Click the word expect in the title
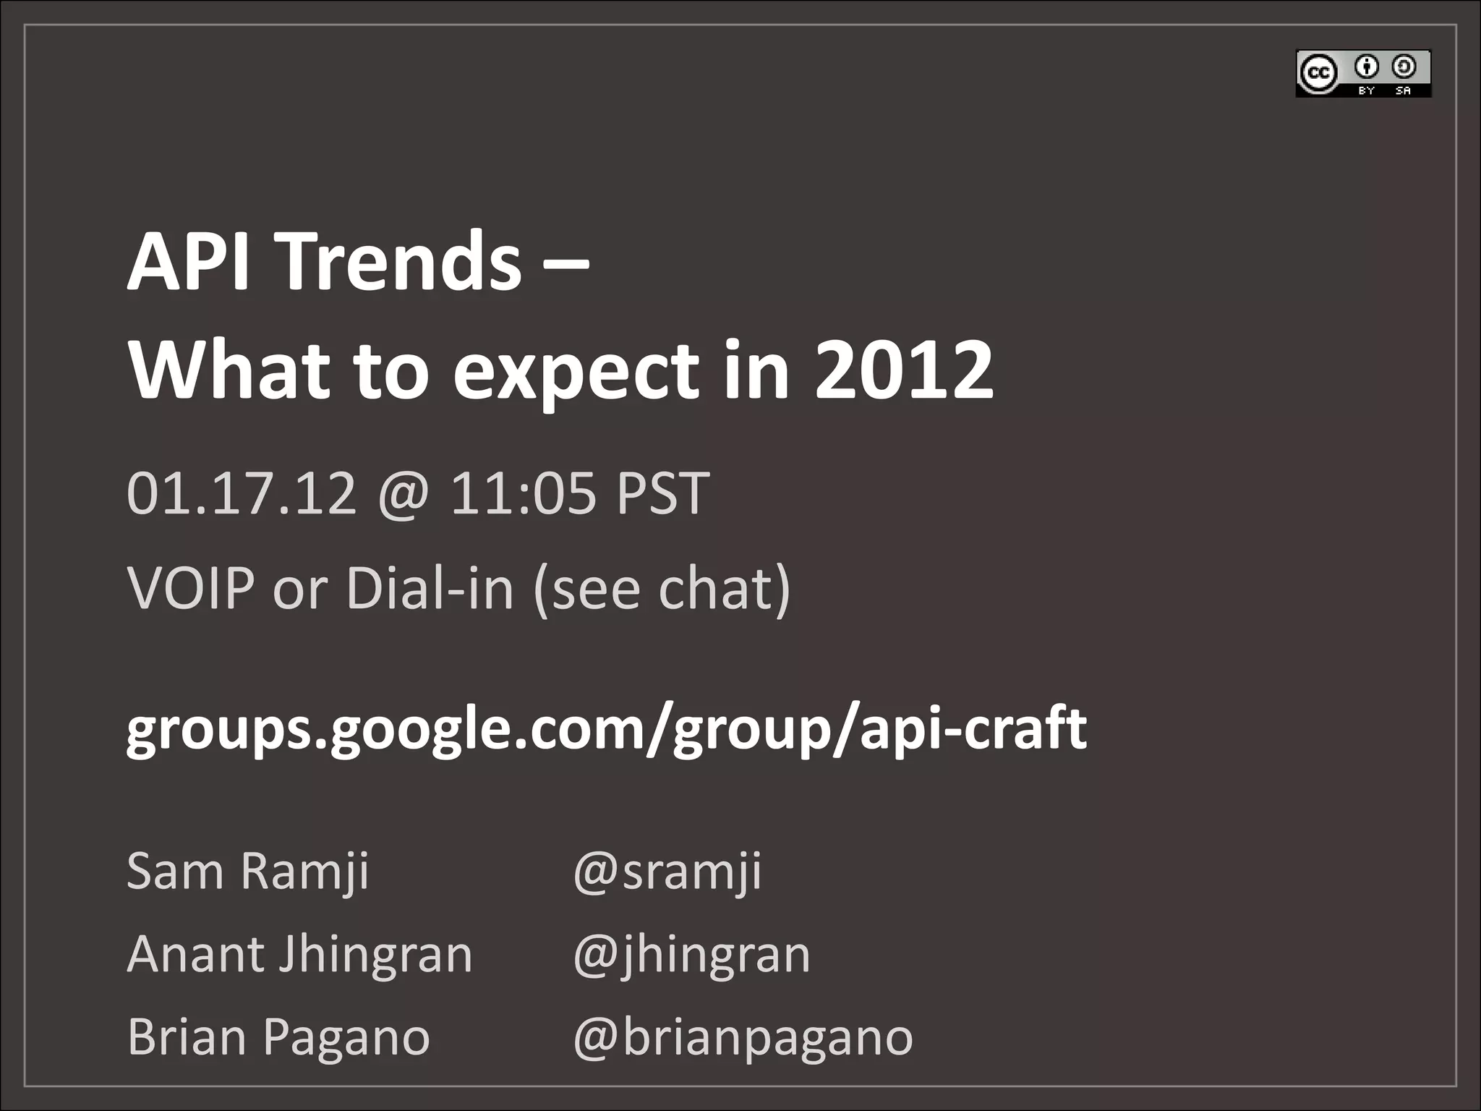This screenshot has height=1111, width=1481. (576, 373)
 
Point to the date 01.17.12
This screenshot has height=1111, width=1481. (242, 493)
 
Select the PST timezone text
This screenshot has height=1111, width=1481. (662, 493)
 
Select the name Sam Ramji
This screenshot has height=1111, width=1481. (248, 871)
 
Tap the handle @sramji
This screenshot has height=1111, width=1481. (667, 872)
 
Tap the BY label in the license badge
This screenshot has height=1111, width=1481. (1366, 90)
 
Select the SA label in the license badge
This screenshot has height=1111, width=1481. (1403, 90)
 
